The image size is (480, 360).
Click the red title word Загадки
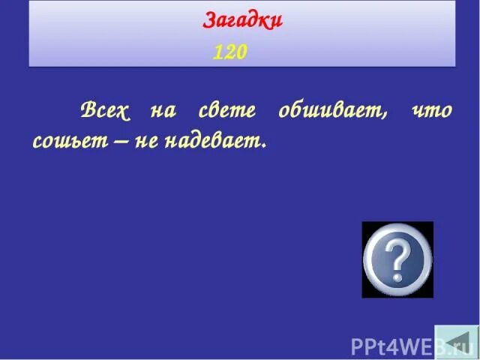[x=242, y=19]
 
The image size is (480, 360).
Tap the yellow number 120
[x=229, y=52]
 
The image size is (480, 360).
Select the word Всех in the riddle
[x=105, y=112]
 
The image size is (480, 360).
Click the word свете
[x=227, y=112]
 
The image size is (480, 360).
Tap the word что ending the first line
[x=431, y=112]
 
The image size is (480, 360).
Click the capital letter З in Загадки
[x=209, y=19]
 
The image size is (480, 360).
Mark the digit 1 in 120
[x=218, y=52]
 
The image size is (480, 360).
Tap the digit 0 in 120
[x=240, y=52]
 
